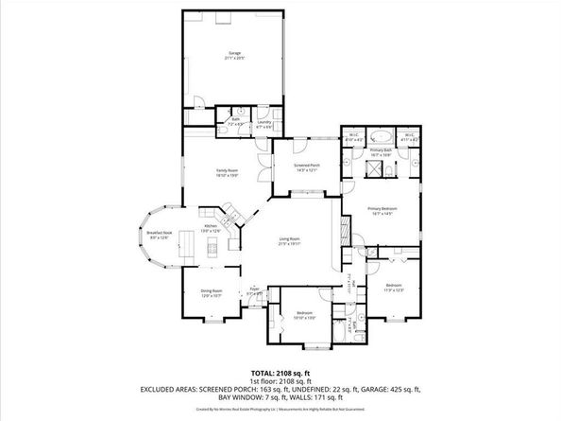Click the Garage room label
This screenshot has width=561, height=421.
point(233,54)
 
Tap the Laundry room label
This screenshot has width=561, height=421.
point(264,123)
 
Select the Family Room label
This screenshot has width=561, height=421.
point(227,171)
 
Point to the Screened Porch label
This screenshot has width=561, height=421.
point(308,167)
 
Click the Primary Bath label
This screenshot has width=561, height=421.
point(380,152)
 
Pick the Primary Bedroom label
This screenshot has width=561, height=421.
point(381,212)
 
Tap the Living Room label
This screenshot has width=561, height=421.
point(288,240)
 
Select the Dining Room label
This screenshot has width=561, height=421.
point(211,292)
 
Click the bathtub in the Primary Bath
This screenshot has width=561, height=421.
point(380,135)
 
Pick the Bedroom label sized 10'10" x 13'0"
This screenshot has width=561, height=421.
point(304,313)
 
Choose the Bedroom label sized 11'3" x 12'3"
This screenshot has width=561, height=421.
point(393,286)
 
